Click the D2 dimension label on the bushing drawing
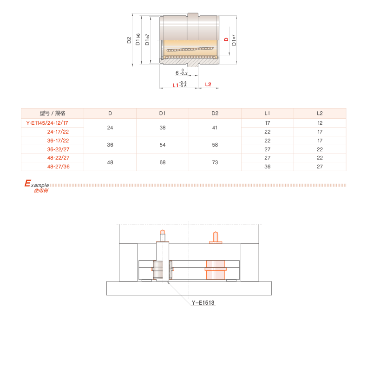129,40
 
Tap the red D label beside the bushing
226,40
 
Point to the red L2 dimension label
208,84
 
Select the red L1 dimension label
176,85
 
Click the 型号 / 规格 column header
52,113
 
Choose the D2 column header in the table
215,113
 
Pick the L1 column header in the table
267,113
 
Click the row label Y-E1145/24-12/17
48,123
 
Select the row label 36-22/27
59,149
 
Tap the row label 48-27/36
59,166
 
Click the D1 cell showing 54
163,145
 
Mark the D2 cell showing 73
215,162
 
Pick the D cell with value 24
110,128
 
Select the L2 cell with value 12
320,123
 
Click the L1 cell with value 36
267,166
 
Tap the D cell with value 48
110,162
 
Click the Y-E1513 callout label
203,303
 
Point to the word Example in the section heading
37,184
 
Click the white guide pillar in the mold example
163,261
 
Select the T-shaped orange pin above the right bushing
215,237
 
